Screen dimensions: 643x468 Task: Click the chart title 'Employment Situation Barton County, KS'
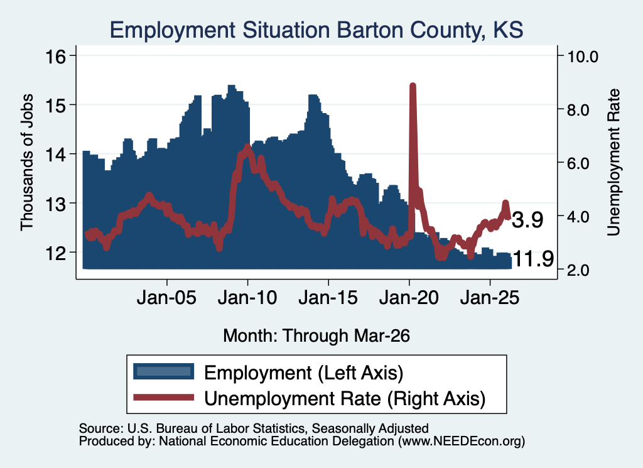[316, 30]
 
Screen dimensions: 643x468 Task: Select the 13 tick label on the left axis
[55, 204]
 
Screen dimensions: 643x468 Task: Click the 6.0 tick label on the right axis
[578, 163]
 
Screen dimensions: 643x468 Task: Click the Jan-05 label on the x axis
[166, 297]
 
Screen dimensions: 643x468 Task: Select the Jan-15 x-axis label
[328, 297]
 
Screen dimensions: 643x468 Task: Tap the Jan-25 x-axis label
[490, 297]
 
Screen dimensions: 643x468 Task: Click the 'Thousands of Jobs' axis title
[26, 162]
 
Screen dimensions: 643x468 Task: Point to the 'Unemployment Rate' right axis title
[613, 162]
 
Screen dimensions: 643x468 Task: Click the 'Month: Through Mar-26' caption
[316, 335]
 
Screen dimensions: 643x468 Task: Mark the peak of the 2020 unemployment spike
[413, 85]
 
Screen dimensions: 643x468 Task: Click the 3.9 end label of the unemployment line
[527, 220]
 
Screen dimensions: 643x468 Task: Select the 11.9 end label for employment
[533, 259]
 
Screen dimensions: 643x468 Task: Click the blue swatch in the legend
[164, 371]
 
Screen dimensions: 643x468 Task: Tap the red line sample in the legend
[164, 397]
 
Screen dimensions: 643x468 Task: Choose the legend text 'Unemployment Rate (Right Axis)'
[345, 398]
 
